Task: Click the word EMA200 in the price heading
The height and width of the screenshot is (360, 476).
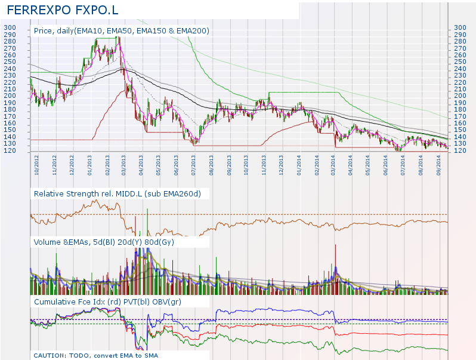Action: coord(193,30)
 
